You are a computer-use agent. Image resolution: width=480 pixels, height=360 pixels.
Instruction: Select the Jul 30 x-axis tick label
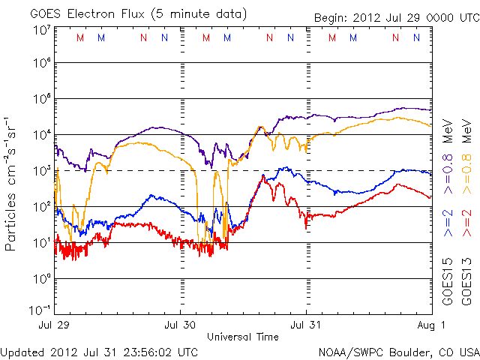(181, 325)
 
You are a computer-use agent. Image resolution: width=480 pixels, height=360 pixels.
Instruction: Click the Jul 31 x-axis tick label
(306, 325)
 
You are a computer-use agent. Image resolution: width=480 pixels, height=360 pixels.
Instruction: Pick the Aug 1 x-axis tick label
(430, 325)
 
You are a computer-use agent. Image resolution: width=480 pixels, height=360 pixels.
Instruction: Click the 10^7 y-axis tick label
(40, 29)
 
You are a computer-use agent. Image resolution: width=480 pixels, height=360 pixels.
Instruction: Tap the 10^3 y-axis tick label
(40, 170)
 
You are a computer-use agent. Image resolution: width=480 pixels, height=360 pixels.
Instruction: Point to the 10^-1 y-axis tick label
(40, 310)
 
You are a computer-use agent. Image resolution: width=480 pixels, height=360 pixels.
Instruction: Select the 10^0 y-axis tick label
(40, 278)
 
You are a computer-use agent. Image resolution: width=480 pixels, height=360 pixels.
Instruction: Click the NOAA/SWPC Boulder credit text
(398, 351)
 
